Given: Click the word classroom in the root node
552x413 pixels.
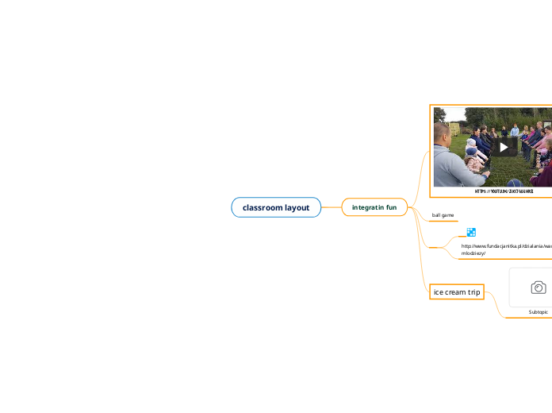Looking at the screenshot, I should point(263,207).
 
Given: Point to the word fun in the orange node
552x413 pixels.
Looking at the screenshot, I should point(391,207).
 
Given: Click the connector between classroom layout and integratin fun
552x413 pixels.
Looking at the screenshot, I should point(332,207).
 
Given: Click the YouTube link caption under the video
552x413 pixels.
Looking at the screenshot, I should point(504,191).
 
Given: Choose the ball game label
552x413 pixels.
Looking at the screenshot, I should point(443,215).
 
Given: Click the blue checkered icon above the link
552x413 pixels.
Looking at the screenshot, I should point(471,233).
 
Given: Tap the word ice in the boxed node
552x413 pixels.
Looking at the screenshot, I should point(439,292).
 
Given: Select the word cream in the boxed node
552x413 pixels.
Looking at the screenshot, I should point(456,292).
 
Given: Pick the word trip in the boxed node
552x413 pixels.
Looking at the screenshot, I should point(474,292).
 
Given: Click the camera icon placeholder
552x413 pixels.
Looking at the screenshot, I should point(538,288).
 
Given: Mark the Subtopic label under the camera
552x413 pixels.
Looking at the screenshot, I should point(538,312).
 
